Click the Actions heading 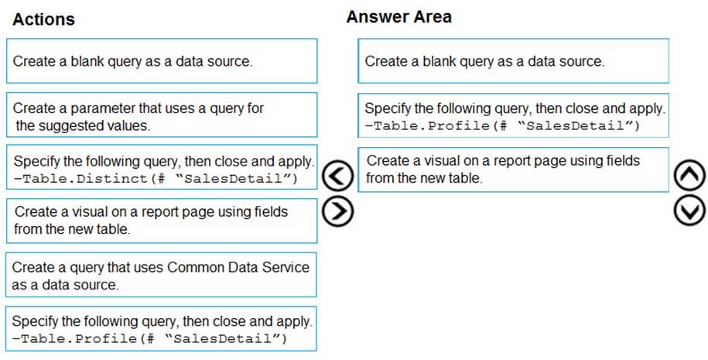pos(44,19)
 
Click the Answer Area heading pos(398,17)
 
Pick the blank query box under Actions pos(162,61)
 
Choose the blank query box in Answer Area pos(513,61)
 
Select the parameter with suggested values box pos(162,115)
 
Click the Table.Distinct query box pos(162,167)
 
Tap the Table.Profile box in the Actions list pos(161,329)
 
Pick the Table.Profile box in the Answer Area pos(513,115)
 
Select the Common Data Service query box pos(161,275)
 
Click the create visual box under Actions pos(162,221)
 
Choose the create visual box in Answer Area pos(513,170)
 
